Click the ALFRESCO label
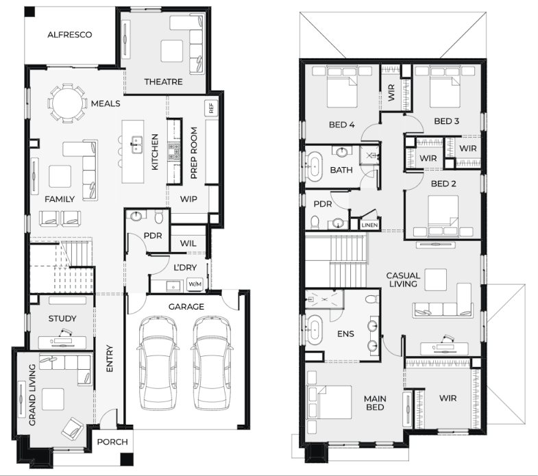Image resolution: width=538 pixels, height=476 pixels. tap(70, 35)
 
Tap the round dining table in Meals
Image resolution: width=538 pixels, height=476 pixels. tap(67, 103)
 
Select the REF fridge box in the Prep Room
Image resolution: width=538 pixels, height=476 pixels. tap(211, 108)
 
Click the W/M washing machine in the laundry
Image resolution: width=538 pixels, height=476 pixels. tap(195, 284)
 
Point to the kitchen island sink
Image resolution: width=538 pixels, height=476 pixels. tap(137, 141)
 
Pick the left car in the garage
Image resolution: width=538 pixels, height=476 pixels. tap(158, 363)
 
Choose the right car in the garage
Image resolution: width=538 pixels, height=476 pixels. tap(210, 363)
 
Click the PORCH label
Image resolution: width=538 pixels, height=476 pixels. tap(112, 442)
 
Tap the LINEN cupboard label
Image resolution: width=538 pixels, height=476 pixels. tap(369, 225)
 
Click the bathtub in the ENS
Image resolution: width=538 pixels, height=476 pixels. tap(315, 330)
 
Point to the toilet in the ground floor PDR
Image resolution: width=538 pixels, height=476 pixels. tap(159, 217)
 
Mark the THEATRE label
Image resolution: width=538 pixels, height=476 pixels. tap(163, 82)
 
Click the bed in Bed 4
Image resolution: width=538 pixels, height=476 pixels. tap(343, 88)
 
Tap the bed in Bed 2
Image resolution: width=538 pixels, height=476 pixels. tap(443, 214)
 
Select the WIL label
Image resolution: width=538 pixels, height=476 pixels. tap(188, 244)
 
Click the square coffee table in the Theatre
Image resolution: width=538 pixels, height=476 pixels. tap(172, 51)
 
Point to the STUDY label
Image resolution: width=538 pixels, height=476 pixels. tap(62, 318)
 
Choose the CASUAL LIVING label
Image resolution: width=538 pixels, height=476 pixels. tap(403, 280)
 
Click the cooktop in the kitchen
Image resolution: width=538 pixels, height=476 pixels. tap(173, 152)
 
